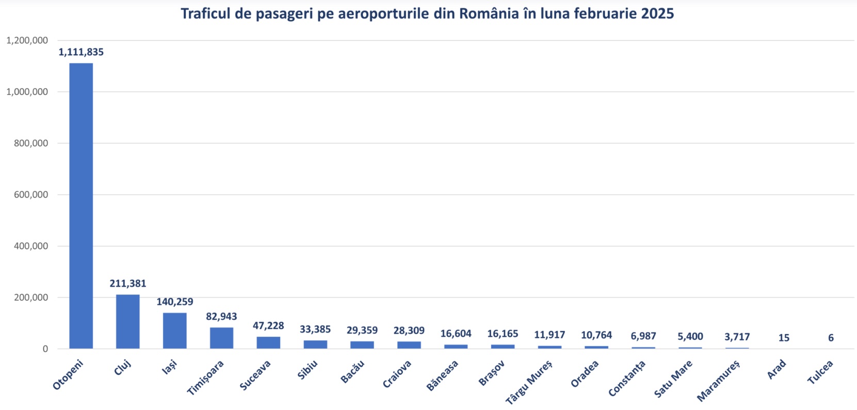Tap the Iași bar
(x=174, y=331)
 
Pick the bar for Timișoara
(x=221, y=338)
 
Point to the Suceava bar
(x=268, y=342)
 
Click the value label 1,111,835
(x=81, y=52)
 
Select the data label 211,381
(x=127, y=284)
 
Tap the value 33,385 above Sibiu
(x=315, y=330)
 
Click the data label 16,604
(x=456, y=334)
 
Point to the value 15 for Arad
(x=784, y=338)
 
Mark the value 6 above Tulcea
(x=831, y=338)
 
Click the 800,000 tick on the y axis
(x=31, y=143)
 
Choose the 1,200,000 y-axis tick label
(x=27, y=40)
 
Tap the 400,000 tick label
(x=31, y=246)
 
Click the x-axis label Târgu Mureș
(x=529, y=382)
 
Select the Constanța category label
(x=627, y=379)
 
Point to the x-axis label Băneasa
(x=443, y=376)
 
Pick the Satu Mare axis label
(x=673, y=379)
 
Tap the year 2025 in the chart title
(x=657, y=13)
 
